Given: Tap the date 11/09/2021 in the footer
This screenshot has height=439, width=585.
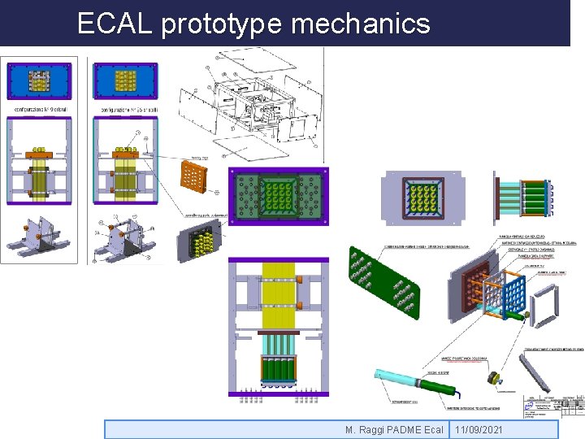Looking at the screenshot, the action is [479, 429].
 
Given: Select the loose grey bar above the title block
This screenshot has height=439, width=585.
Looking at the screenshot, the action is [535, 374].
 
